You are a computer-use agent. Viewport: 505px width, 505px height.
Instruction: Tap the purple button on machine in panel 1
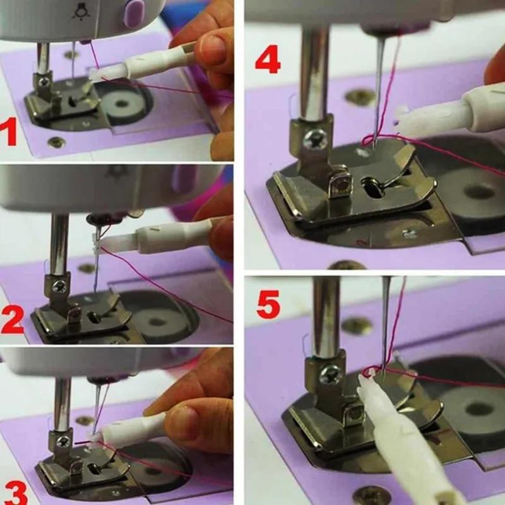click(133, 13)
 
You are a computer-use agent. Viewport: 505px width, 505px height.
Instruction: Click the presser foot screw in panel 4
click(314, 140)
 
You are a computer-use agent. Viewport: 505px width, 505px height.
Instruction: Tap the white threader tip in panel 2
click(98, 243)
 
